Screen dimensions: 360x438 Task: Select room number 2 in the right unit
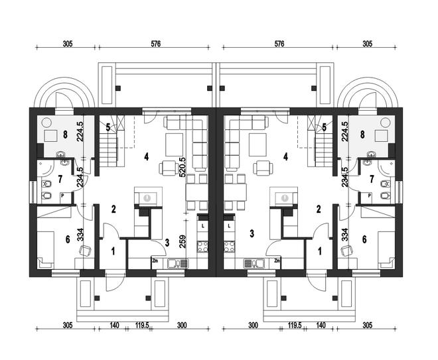pyautogui.click(x=319, y=210)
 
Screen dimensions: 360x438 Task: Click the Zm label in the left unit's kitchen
pyautogui.click(x=156, y=261)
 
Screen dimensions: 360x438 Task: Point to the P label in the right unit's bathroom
pyautogui.click(x=369, y=196)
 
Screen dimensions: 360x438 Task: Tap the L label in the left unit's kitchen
pyautogui.click(x=202, y=226)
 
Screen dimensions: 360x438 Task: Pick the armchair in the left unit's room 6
pyautogui.click(x=85, y=250)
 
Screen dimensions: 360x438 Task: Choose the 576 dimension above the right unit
pyautogui.click(x=279, y=44)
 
